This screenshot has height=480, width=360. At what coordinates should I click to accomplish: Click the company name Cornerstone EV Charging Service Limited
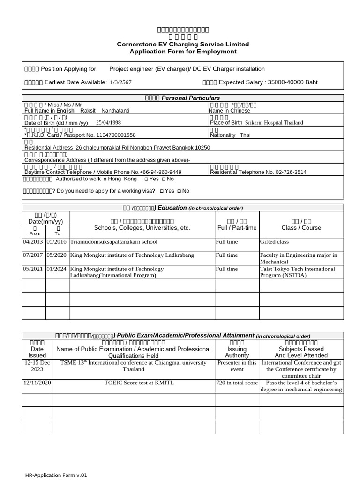pos(183,44)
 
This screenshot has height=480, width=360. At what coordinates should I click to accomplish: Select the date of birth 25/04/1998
pos(108,122)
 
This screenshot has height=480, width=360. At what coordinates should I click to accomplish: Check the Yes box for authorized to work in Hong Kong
pos(146,180)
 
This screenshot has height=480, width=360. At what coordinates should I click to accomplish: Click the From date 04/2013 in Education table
pos(32,242)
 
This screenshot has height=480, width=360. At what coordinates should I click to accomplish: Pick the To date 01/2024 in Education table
pos(56,269)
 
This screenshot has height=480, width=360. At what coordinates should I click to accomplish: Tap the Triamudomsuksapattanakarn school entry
pos(114,242)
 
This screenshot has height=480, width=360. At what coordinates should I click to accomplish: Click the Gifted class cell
pos(275,242)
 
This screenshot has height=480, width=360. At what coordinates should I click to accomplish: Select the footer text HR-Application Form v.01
pos(56,475)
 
